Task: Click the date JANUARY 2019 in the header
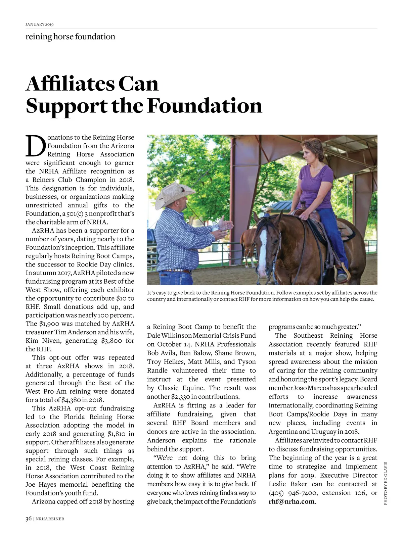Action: [x=40, y=24]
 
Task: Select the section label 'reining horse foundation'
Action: [x=70, y=37]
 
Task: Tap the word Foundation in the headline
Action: [x=205, y=106]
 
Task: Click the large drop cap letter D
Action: [x=35, y=146]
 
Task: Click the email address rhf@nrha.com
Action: [x=292, y=502]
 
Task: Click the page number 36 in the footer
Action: [x=29, y=519]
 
